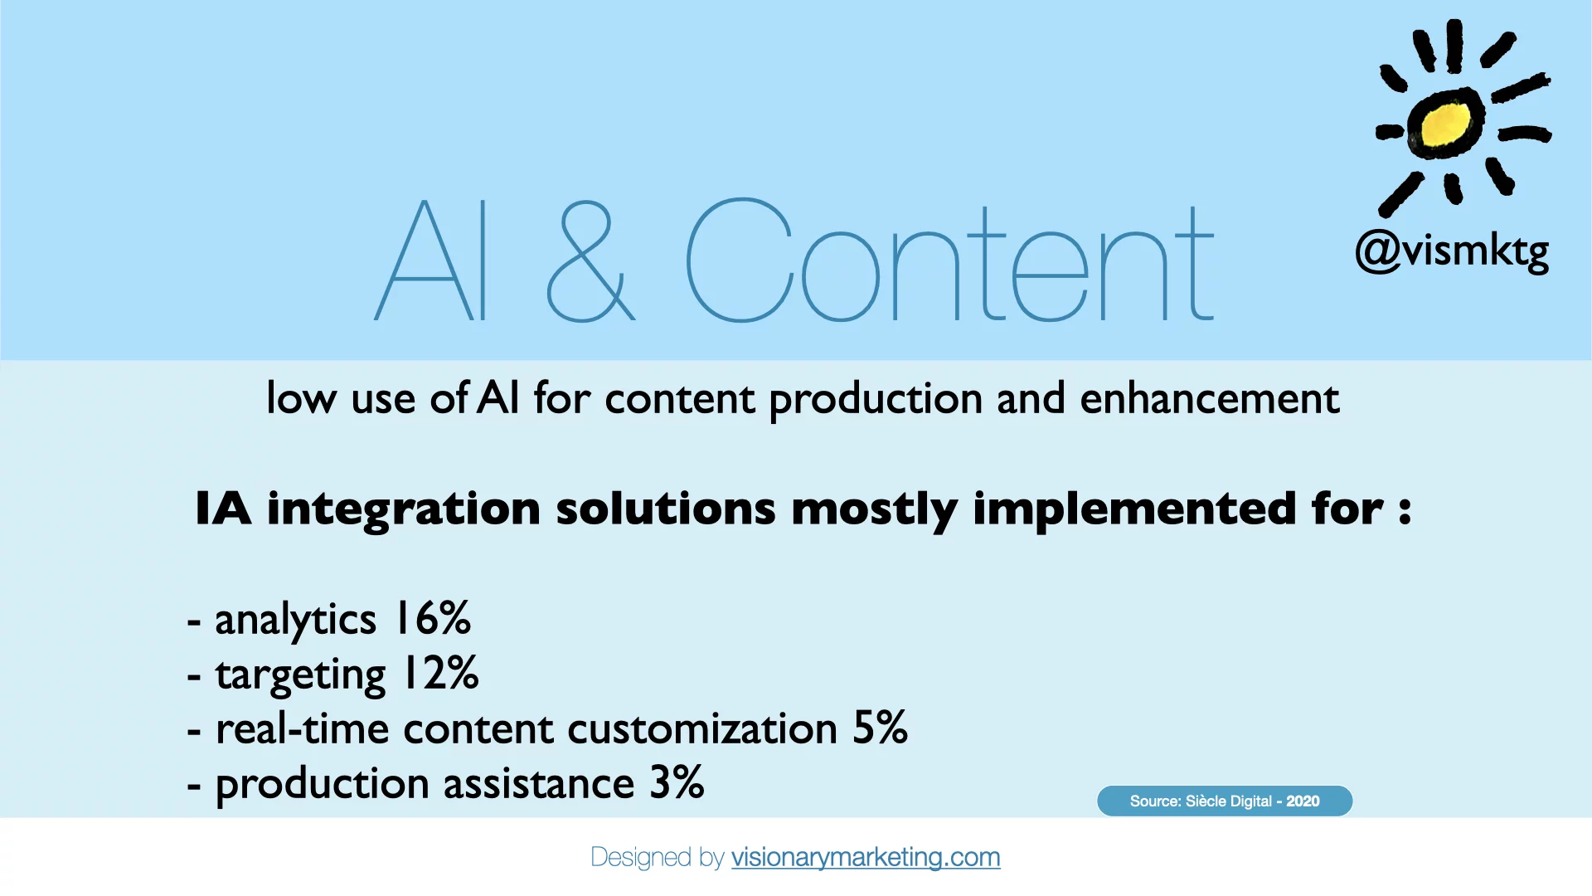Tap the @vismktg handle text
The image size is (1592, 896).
click(x=1452, y=251)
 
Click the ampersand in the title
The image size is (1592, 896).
click(x=590, y=261)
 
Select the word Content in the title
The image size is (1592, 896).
click(x=949, y=261)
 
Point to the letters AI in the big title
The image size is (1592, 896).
click(x=431, y=261)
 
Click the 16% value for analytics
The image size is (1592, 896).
click(x=432, y=619)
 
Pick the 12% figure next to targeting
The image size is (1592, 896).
click(x=439, y=673)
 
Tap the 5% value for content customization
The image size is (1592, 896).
click(x=880, y=728)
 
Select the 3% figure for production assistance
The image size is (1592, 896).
click(x=677, y=782)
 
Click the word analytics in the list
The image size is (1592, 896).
click(x=295, y=621)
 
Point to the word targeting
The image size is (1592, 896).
click(x=300, y=675)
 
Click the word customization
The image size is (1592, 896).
click(x=702, y=728)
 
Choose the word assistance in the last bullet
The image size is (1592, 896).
click(x=539, y=783)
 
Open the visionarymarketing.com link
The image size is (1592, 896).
click(x=866, y=857)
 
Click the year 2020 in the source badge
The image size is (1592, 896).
click(x=1303, y=801)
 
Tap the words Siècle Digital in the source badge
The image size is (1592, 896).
click(x=1229, y=801)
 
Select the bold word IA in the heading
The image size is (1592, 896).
click(x=223, y=508)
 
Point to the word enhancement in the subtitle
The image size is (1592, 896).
click(x=1209, y=398)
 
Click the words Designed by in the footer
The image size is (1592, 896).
click(x=658, y=858)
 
